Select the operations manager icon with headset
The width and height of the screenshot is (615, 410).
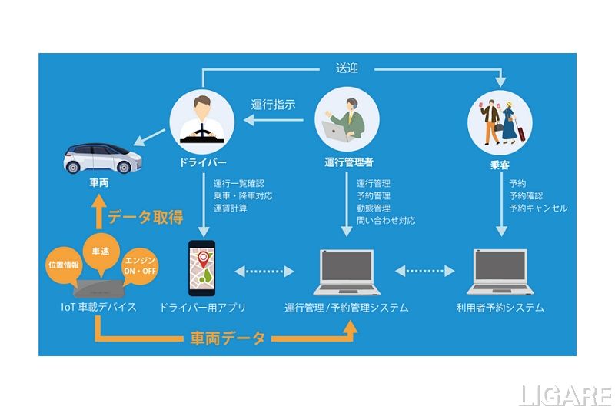[x=347, y=119]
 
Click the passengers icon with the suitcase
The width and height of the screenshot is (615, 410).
[x=500, y=122]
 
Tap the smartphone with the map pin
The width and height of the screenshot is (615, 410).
[x=201, y=268]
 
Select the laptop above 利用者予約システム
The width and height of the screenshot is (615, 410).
[x=499, y=273]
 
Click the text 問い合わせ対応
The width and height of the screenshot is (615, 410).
[x=385, y=220]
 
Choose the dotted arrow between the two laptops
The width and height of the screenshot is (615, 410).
[x=424, y=271]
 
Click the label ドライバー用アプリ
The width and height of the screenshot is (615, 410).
[x=203, y=308]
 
